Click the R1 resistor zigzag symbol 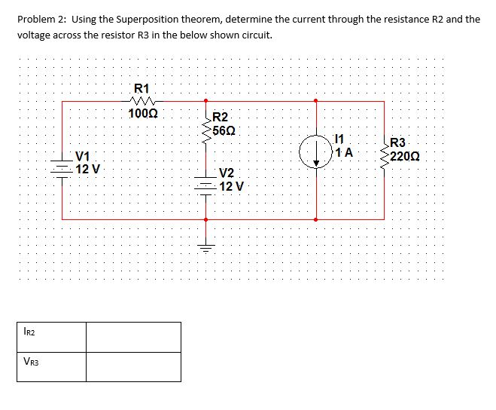[x=141, y=99]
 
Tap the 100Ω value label [x=142, y=114]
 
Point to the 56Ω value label [x=224, y=130]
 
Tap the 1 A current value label [x=345, y=152]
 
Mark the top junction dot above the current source [x=315, y=99]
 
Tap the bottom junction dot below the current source [x=315, y=219]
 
